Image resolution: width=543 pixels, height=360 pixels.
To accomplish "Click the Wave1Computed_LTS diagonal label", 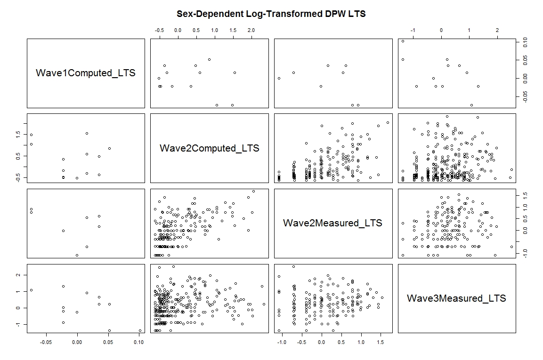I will (x=86, y=73).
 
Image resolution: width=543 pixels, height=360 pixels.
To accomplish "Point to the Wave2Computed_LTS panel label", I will (x=210, y=148).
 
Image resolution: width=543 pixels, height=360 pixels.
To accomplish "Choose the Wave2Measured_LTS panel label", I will (x=332, y=223).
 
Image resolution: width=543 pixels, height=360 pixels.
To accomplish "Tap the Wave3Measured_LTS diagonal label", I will (x=456, y=298).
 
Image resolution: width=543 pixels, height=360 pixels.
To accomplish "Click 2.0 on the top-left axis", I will (x=251, y=30).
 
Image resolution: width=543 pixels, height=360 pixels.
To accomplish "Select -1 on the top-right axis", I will (x=413, y=30).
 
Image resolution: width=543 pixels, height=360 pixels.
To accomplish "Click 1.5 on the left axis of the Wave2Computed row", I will (x=18, y=134).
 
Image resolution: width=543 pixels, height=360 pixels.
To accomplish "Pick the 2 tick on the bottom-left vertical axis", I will (x=18, y=274).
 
